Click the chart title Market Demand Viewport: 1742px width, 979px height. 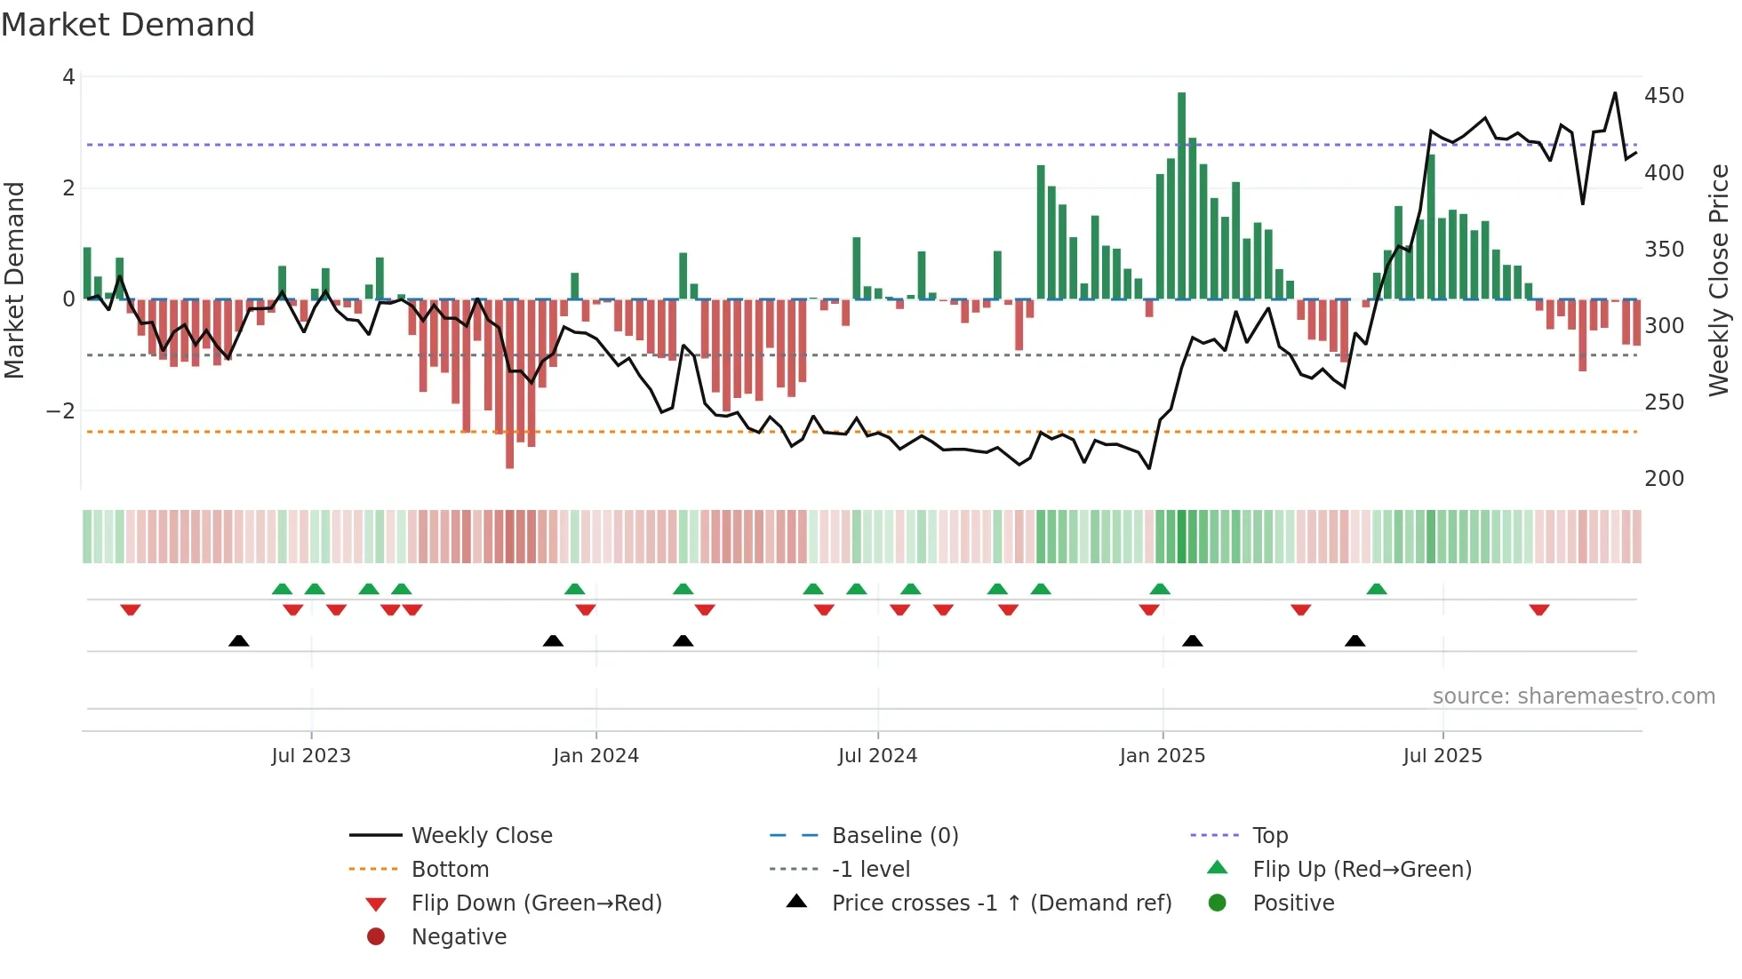click(x=128, y=25)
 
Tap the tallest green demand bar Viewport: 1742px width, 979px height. click(x=1181, y=195)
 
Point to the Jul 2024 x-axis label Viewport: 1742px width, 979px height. click(x=877, y=755)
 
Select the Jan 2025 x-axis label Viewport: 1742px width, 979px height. click(x=1162, y=755)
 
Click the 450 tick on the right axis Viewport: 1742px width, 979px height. click(x=1664, y=96)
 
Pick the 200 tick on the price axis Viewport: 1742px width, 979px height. click(x=1664, y=479)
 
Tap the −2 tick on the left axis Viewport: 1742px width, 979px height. click(x=60, y=410)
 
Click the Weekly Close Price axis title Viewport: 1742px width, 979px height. click(x=1719, y=280)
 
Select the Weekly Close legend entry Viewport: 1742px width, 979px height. click(x=481, y=835)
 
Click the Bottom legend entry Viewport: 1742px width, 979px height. click(x=450, y=869)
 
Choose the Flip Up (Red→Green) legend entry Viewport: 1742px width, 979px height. click(x=1362, y=869)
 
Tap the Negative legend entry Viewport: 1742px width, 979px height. click(x=459, y=936)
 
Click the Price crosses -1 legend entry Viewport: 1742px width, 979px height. click(x=1001, y=903)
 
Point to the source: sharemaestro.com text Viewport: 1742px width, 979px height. click(x=1573, y=696)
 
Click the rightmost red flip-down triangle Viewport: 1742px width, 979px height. click(x=1539, y=609)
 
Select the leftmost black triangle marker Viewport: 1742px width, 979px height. click(x=238, y=641)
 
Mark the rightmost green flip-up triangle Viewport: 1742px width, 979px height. click(x=1377, y=589)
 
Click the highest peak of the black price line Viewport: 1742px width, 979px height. click(x=1615, y=93)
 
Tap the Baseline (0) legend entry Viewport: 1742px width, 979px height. click(x=894, y=835)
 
